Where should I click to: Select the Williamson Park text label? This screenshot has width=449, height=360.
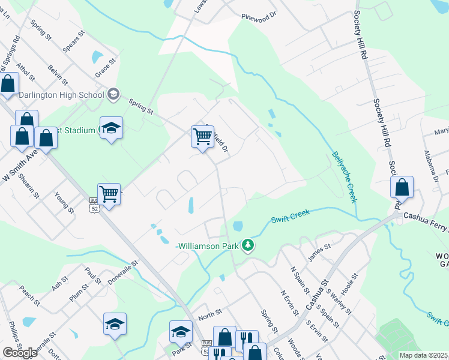(x=208, y=246)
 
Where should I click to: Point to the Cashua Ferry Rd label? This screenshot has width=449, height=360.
(x=426, y=217)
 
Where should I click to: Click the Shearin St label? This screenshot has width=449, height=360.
(x=28, y=186)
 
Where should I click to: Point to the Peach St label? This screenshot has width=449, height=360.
(x=29, y=293)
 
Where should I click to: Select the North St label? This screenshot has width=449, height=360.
(x=209, y=313)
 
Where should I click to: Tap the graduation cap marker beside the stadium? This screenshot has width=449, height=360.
(x=111, y=128)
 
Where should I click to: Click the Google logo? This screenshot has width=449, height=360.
(x=20, y=353)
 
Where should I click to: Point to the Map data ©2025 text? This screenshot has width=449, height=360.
(x=423, y=355)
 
